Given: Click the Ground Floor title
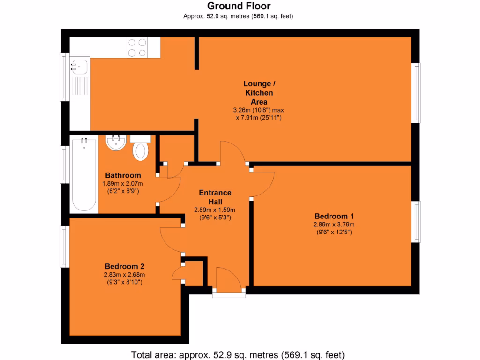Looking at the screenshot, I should tap(239, 6).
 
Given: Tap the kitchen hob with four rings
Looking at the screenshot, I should tap(137, 47).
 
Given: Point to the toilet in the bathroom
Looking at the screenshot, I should tap(141, 149).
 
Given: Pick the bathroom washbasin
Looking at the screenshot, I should tap(116, 142).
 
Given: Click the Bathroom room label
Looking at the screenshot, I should tap(123, 175).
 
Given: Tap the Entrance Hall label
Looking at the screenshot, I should tap(215, 197).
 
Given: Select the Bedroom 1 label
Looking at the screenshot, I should tap(334, 216).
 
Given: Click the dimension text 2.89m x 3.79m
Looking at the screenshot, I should tap(334, 225).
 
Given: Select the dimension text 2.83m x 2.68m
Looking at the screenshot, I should tap(124, 275).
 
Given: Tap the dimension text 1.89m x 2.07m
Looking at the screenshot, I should tap(123, 183).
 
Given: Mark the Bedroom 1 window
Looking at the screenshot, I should tap(416, 222).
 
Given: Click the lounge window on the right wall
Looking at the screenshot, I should tap(416, 93).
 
